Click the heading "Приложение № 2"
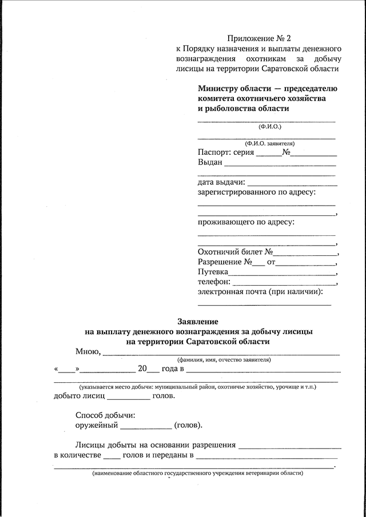[259, 39]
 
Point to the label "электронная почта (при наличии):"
[260, 292]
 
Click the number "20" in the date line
[142, 368]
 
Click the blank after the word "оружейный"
[146, 426]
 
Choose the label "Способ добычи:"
[105, 415]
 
